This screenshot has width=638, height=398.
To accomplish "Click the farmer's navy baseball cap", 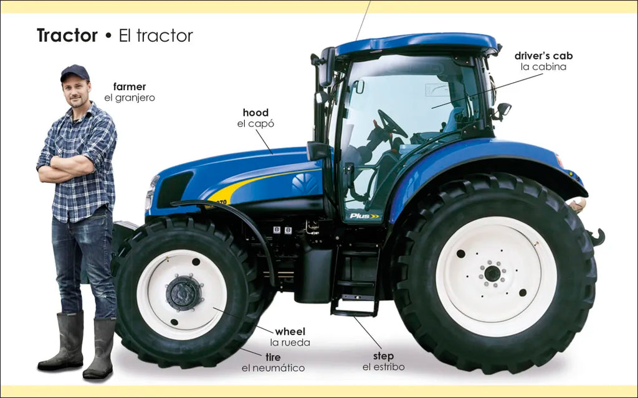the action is pos(75,72).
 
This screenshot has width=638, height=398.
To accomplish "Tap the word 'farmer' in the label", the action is pos(130,86).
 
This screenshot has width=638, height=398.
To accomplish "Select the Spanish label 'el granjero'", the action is pos(130,98).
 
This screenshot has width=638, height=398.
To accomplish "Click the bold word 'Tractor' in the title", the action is pos(67,35).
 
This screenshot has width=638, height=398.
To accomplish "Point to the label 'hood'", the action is pos(255,113).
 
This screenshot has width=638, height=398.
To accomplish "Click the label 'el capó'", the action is pos(255,124).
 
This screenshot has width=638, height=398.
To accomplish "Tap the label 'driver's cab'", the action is pos(543,55).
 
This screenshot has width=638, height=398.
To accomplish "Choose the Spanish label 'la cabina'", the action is pos(543,67).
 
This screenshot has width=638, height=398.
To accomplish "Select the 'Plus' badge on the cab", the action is pos(364,216).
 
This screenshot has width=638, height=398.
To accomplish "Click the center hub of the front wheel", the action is pos(184,293).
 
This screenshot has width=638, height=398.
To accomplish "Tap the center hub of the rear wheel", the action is pos(492,274).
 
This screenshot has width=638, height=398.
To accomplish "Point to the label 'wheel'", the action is pos(290,331).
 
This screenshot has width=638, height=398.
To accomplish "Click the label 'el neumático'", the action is pos(273,368).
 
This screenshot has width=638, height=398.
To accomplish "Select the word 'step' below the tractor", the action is pos(383,356).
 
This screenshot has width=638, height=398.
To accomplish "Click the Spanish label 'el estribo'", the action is pos(383,367).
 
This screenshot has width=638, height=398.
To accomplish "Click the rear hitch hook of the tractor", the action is pos(597,237).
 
